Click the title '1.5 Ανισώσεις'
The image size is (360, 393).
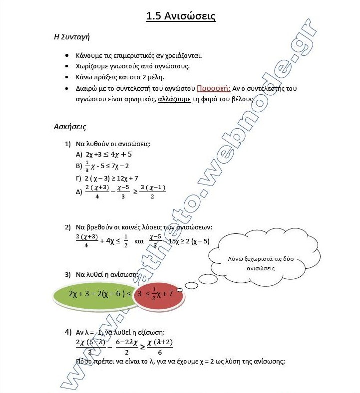point(180,16)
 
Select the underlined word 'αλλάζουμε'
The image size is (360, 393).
point(174,99)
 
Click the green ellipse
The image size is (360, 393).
point(95,294)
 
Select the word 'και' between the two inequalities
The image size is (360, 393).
point(139,241)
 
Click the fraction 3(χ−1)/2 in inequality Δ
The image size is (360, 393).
point(152,192)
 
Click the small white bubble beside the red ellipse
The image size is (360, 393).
point(180,289)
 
